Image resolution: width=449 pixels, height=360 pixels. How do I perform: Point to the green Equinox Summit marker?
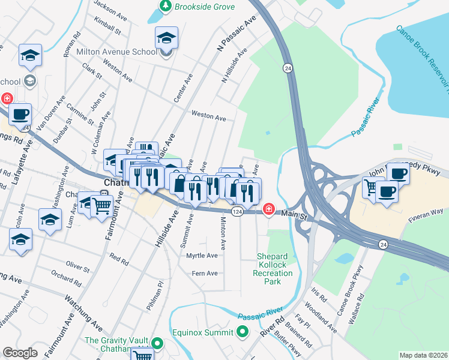tap(242, 331)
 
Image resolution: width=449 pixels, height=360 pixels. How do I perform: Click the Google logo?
tap(20, 352)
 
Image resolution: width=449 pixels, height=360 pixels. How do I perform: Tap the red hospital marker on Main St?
tap(270, 209)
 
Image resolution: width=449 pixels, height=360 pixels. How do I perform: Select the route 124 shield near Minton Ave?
tap(237, 212)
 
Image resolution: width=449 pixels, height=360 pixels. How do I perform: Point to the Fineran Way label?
tap(427, 212)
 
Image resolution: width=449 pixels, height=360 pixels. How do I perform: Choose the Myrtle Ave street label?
tap(202, 256)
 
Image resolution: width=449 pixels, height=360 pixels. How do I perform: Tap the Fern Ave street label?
tap(204, 274)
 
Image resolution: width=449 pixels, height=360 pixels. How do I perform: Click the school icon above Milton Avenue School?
tap(166, 39)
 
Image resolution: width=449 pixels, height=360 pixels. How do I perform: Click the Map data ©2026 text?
tap(423, 355)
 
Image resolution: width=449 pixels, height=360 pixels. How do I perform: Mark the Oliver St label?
tap(77, 265)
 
